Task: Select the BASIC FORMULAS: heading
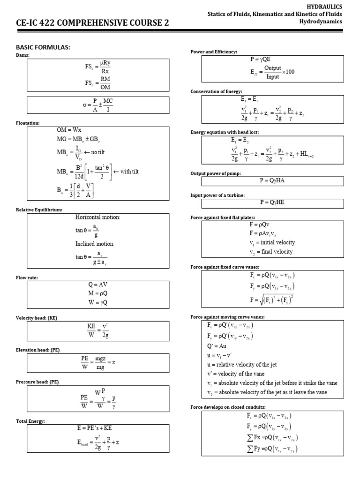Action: [43, 48]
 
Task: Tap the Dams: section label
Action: [22, 55]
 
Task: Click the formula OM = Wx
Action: [69, 130]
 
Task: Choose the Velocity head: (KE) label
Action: [37, 318]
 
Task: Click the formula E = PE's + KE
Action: [94, 428]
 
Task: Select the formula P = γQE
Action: [261, 60]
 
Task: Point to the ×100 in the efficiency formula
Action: [288, 72]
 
